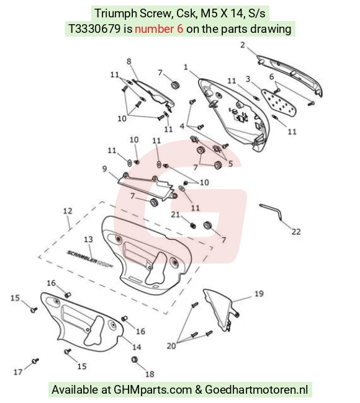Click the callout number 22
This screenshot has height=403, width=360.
click(x=296, y=232)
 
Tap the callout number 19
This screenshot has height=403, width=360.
click(x=259, y=293)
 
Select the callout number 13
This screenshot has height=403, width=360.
click(x=88, y=239)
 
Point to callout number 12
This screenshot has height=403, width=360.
click(x=68, y=211)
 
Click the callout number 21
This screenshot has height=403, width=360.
click(x=175, y=215)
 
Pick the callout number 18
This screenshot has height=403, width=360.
click(x=150, y=374)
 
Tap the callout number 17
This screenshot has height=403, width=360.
click(x=18, y=372)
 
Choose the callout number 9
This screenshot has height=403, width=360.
click(x=104, y=169)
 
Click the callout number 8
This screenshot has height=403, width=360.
click(x=129, y=61)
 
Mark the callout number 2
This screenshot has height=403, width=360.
click(x=243, y=45)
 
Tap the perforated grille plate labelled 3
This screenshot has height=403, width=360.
click(x=279, y=102)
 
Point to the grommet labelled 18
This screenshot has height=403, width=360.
click(x=134, y=360)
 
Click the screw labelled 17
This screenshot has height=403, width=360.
click(x=35, y=361)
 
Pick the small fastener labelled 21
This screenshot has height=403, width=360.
click(x=193, y=226)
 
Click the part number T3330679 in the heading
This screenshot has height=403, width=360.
click(x=94, y=29)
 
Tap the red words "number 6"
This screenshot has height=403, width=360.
click(x=159, y=29)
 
